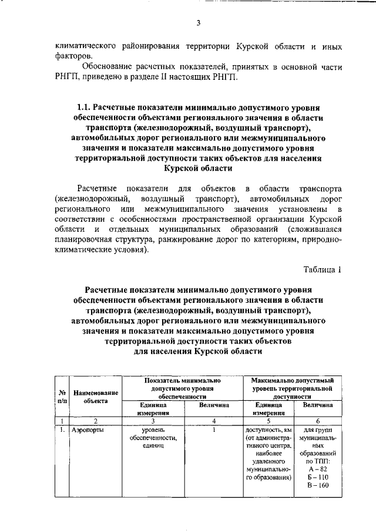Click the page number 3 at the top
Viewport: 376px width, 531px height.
[199, 23]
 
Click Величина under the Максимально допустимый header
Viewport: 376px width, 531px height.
[318, 405]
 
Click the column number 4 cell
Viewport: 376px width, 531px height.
[214, 420]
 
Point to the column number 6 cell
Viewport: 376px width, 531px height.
[318, 420]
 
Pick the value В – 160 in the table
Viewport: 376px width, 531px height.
[318, 486]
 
